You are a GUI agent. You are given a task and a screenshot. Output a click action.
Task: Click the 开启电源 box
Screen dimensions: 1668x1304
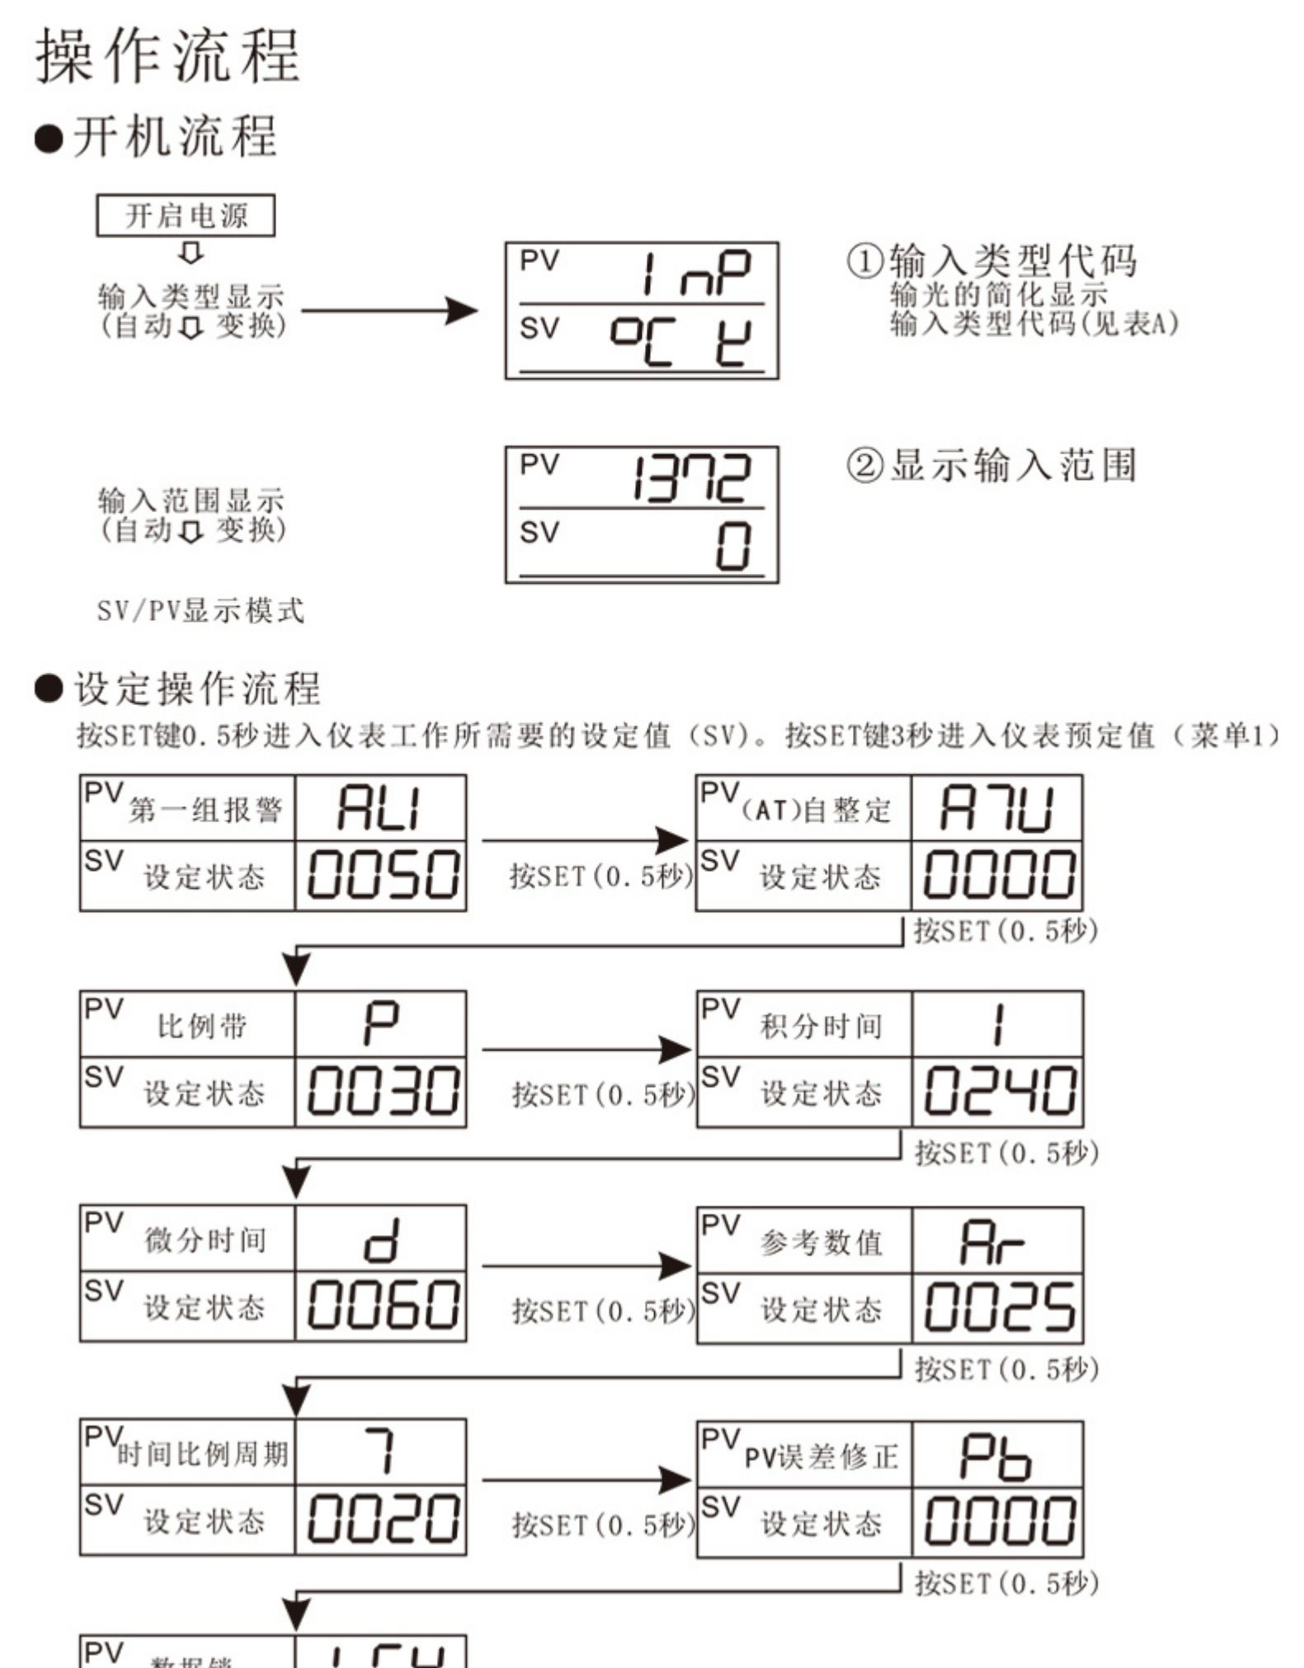click(x=186, y=216)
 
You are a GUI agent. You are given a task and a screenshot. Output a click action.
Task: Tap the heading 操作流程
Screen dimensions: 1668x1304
click(x=167, y=56)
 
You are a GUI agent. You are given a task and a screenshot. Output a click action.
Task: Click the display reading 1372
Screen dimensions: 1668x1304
click(x=691, y=478)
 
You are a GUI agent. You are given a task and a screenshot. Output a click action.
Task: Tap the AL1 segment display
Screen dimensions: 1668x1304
click(x=380, y=808)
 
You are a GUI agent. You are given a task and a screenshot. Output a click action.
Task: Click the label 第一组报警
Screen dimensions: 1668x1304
click(x=205, y=811)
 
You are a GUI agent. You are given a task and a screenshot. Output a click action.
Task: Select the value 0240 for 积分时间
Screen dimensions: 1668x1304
click(x=998, y=1092)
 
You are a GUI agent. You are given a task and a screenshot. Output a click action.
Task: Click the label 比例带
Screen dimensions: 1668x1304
click(x=202, y=1027)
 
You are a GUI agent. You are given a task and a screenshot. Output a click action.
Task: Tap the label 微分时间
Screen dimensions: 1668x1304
click(x=205, y=1240)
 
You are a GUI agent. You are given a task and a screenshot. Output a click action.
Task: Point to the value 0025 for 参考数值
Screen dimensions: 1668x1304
click(x=998, y=1308)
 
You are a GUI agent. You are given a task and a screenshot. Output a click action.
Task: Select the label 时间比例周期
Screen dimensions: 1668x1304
click(x=203, y=1454)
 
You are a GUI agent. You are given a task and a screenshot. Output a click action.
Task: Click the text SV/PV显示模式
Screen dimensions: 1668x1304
click(x=200, y=611)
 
